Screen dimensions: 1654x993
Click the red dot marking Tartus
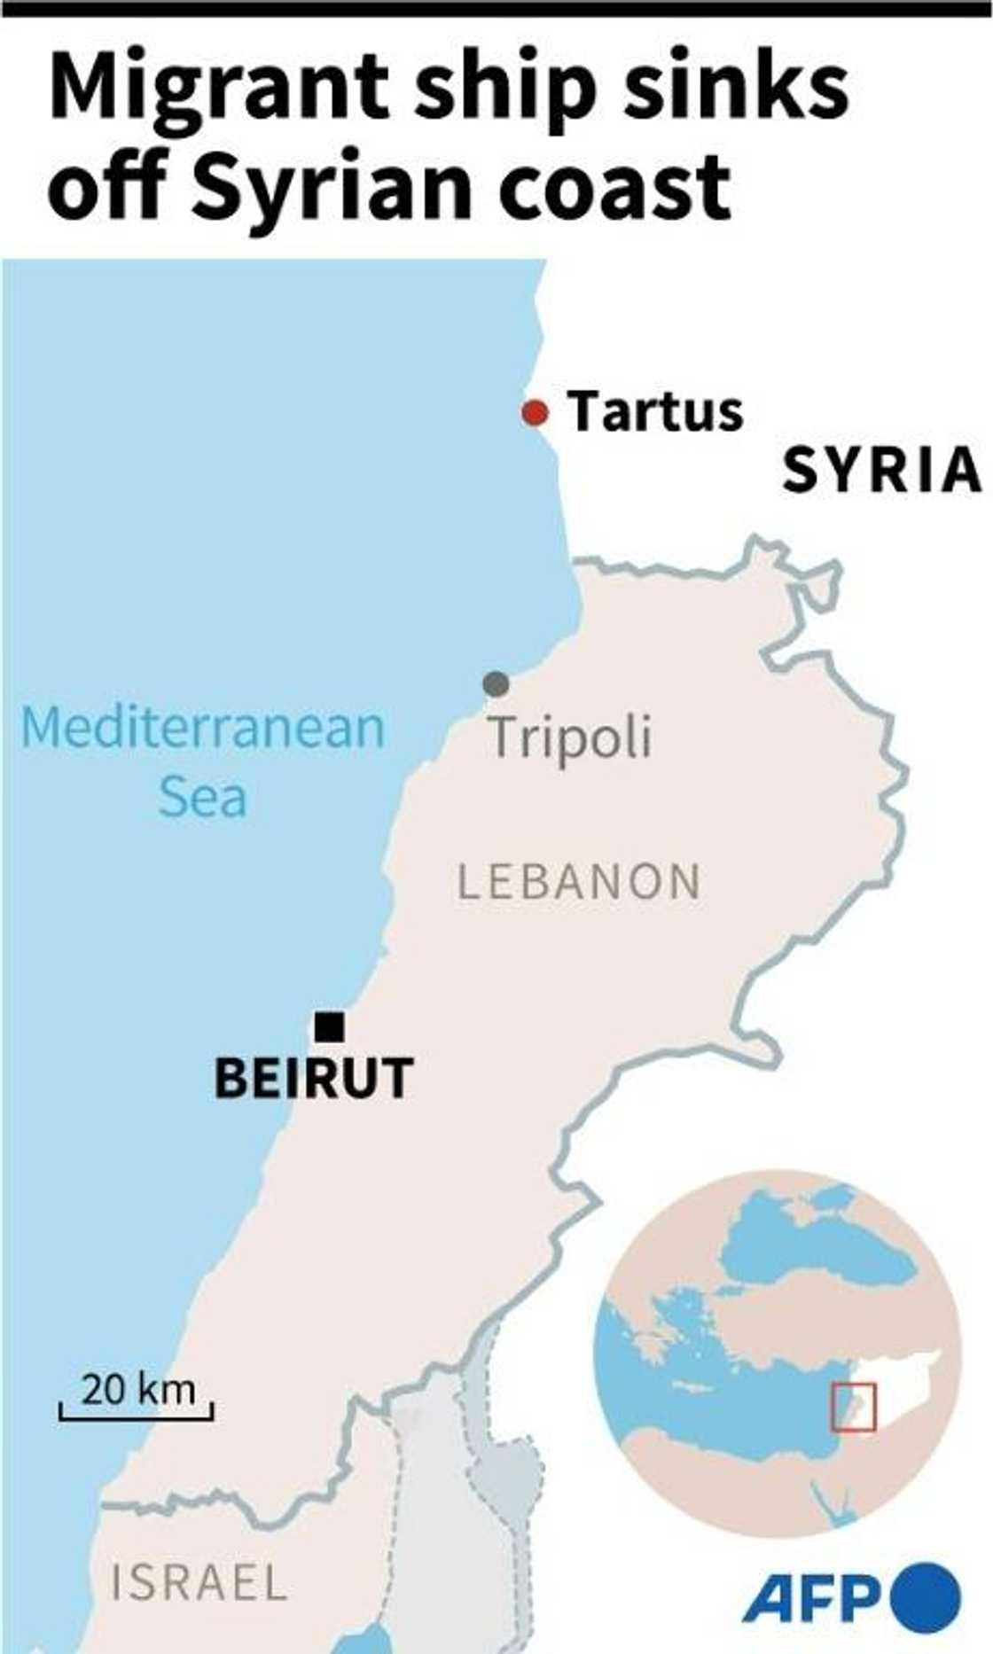(x=535, y=413)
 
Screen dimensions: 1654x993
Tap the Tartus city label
(x=655, y=412)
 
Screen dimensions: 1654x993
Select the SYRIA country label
(x=881, y=470)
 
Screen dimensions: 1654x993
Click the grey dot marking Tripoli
(x=496, y=683)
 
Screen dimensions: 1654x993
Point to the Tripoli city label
(x=570, y=737)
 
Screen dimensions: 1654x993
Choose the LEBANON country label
(x=579, y=882)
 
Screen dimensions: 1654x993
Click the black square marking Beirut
(x=329, y=1026)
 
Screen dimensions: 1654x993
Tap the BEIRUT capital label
(x=314, y=1078)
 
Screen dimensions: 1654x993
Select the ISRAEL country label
(x=199, y=1583)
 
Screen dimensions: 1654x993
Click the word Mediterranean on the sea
(x=203, y=728)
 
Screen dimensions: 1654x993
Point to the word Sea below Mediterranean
(x=202, y=797)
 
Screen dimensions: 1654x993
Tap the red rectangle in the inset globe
(x=853, y=1408)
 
